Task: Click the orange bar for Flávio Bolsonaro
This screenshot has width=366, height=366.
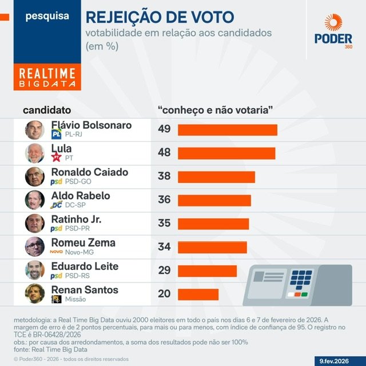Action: coord(227,130)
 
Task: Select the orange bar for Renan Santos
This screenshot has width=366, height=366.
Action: coord(198,294)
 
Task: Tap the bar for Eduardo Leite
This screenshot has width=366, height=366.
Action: coord(207,270)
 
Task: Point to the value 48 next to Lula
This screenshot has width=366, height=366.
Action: coord(165,153)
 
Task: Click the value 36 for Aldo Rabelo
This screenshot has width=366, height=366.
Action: coord(165,200)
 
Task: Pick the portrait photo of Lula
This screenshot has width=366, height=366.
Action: coord(35,153)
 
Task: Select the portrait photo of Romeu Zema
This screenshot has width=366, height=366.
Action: coord(35,246)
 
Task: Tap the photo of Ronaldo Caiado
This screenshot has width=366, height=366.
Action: coord(35,177)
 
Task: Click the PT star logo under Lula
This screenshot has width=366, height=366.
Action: coord(56,157)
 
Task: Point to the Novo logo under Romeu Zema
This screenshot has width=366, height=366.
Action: coord(56,252)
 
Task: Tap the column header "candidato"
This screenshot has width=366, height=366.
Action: coord(47,109)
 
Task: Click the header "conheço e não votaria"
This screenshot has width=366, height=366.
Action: coord(214,109)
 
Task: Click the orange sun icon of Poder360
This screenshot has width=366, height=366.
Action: coord(333,23)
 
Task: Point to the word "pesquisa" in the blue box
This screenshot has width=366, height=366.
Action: coord(47,16)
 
